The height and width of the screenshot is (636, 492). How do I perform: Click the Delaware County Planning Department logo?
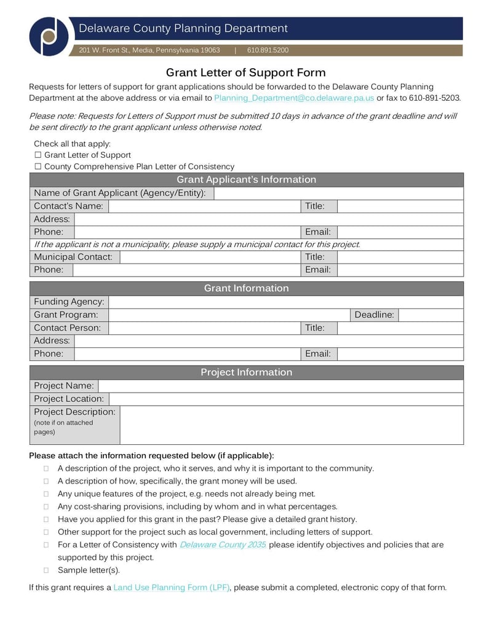49,36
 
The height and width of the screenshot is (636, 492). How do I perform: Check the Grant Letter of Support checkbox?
38,155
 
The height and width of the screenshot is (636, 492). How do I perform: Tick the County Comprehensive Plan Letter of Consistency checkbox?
38,167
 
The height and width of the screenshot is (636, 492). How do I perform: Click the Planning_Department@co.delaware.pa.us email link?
293,98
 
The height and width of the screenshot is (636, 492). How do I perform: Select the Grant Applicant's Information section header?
246,179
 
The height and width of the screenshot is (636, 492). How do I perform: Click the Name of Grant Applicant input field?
338,193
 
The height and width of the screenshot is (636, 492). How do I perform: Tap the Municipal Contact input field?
210,257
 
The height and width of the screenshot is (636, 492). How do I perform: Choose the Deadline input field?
430,315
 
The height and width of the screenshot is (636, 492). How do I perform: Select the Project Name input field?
280,386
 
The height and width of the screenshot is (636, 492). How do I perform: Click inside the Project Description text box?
292,425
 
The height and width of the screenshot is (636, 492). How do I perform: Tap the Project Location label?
69,399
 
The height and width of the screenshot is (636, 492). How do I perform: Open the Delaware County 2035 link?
223,545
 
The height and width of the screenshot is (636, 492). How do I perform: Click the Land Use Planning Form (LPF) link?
171,587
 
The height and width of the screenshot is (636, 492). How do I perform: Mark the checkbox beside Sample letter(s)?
46,570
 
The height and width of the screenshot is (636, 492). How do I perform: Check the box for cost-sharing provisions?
46,507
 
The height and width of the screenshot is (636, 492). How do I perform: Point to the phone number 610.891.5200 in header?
268,50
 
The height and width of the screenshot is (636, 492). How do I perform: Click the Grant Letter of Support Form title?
246,73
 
